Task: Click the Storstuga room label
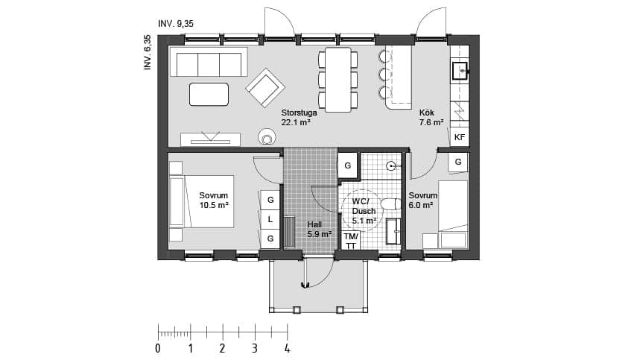coord(299,113)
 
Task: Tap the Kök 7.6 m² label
coord(431,118)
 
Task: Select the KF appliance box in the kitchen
coord(460,137)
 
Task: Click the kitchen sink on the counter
coord(460,71)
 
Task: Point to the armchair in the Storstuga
coord(265,87)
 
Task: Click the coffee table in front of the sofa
coord(209,94)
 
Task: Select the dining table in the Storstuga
coord(338,80)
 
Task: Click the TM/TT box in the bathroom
coord(351,241)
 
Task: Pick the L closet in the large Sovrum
coord(270,219)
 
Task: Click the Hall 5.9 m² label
coord(320,229)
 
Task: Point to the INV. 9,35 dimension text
coord(176,24)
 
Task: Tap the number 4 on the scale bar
coord(288,348)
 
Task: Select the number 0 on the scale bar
coord(158,348)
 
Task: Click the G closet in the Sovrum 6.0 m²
coord(458,162)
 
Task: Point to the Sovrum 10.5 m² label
coord(214,200)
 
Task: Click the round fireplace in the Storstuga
coord(267,137)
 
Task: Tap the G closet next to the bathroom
coord(348,165)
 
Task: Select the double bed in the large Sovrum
coord(202,201)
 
